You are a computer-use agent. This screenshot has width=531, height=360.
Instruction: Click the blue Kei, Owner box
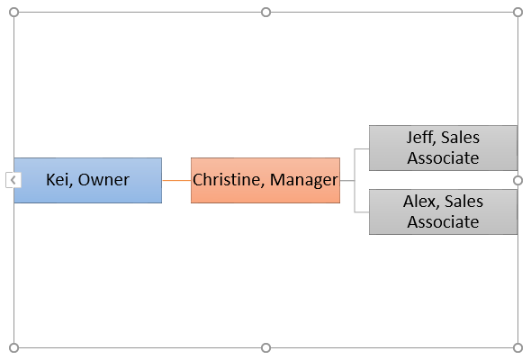(87, 180)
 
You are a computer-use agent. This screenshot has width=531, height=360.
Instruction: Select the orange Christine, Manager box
(265, 180)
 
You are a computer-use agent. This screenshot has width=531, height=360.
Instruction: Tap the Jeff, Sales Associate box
(444, 148)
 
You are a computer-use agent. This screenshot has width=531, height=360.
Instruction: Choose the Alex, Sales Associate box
(444, 211)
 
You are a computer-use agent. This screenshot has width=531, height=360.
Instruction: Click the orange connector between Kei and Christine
(176, 180)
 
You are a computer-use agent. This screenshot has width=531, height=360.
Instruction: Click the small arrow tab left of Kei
(13, 180)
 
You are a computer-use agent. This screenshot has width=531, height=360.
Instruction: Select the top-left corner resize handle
(13, 13)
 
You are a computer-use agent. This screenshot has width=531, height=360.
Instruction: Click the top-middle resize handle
(265, 13)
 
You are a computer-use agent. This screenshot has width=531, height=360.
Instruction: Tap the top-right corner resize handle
(517, 13)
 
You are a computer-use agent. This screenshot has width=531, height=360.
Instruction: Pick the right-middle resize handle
(517, 181)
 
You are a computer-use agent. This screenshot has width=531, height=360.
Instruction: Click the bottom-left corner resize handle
(13, 347)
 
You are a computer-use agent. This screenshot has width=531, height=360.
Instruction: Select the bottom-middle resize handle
(265, 347)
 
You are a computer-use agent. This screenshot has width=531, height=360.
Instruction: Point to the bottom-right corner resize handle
(517, 347)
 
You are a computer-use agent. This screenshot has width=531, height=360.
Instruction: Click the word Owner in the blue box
(103, 180)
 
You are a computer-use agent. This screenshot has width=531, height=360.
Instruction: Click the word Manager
(304, 180)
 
